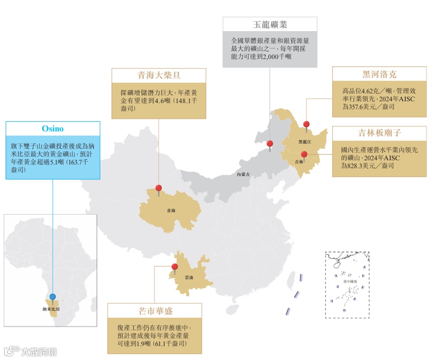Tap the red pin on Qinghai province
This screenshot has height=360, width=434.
point(159,189)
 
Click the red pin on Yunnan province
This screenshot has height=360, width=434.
point(175,267)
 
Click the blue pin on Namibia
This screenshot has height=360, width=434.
point(52,297)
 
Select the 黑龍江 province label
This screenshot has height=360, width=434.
point(305,142)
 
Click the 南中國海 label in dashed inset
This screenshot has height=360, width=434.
point(347,282)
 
